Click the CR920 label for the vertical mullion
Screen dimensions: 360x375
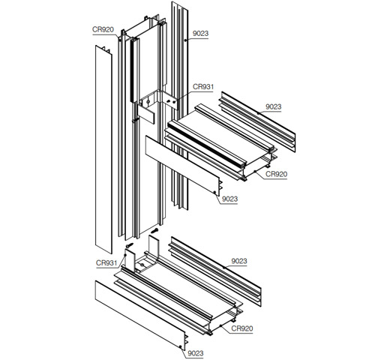[102, 30]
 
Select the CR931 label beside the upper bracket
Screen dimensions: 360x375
[203, 87]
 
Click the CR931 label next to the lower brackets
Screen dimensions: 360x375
[106, 262]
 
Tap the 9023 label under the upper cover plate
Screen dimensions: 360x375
[229, 199]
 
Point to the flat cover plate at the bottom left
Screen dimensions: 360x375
[139, 315]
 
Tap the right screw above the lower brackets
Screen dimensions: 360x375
[154, 230]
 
